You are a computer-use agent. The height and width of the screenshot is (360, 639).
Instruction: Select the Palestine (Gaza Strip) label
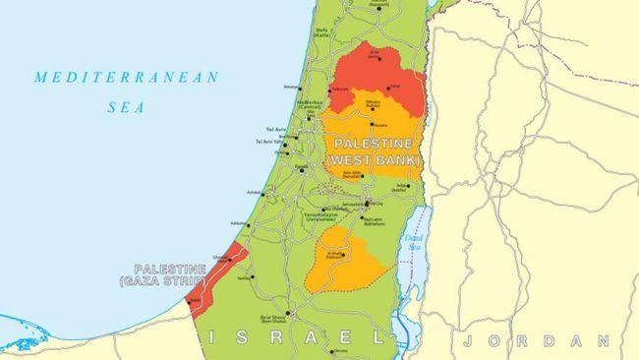[170, 274]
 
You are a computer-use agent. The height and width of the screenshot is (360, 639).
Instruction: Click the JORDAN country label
[536, 340]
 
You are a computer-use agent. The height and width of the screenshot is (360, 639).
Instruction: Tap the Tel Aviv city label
[275, 130]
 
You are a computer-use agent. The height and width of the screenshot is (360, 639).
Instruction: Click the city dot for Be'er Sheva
[287, 314]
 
